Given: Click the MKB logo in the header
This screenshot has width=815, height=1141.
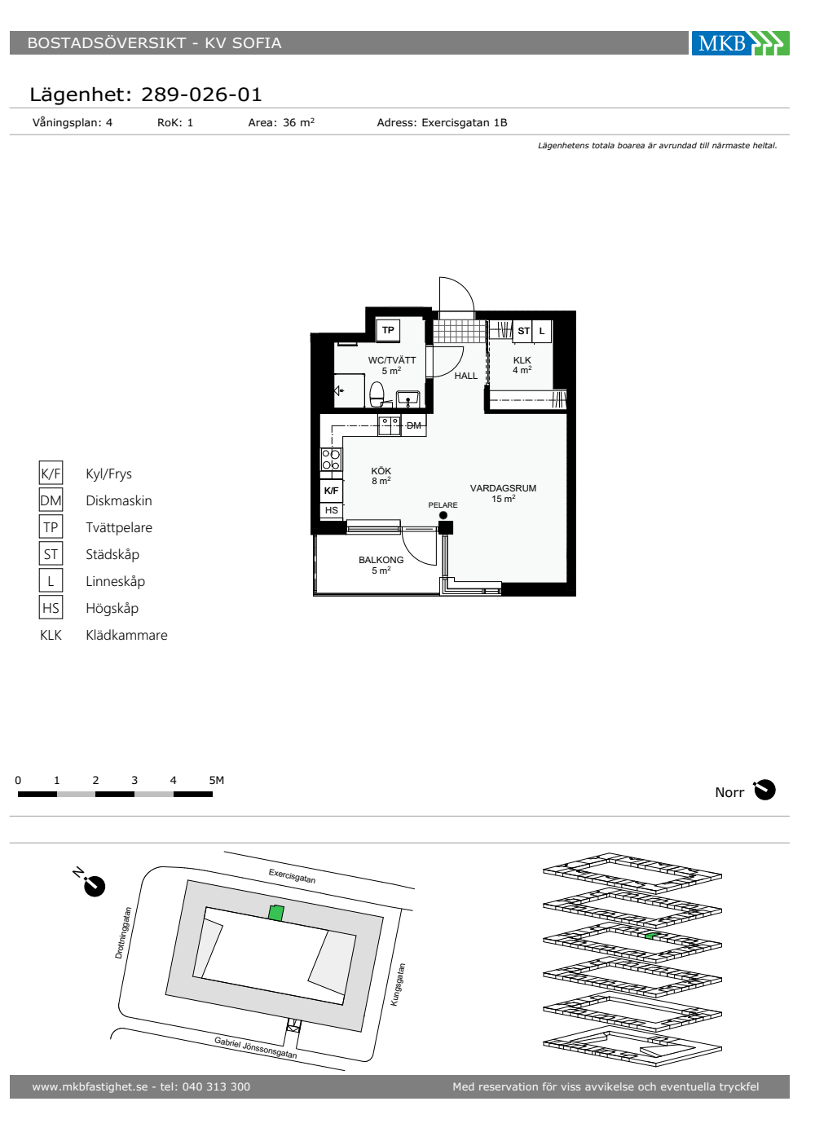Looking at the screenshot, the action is point(740,42).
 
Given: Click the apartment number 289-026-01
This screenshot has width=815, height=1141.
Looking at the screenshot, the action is point(201,95).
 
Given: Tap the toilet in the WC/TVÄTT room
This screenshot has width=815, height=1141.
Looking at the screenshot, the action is point(377,394).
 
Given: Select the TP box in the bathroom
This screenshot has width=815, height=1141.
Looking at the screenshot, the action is point(388,330).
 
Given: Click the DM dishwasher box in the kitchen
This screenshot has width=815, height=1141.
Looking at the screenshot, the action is point(414,425).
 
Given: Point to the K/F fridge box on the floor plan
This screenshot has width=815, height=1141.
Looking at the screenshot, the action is point(331,491).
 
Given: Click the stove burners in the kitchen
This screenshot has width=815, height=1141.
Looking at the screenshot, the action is point(331,459).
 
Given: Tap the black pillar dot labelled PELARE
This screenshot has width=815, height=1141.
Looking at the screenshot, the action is point(443,515).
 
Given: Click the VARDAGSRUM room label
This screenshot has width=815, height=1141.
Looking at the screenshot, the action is point(503,488).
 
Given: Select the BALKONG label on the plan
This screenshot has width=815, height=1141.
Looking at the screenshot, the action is point(381,560).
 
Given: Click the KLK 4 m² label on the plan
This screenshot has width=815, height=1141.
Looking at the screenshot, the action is point(522,365).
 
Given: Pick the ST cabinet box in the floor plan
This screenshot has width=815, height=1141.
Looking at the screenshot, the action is point(523,331).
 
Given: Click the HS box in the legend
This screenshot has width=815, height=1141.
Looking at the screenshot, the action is point(51,608).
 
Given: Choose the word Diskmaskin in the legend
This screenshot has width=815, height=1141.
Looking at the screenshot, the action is point(119,500).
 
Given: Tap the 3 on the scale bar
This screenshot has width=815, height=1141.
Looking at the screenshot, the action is point(134,780).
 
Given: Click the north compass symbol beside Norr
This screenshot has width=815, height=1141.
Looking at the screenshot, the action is point(764,790).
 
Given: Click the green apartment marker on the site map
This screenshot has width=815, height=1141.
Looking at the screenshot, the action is point(275,912).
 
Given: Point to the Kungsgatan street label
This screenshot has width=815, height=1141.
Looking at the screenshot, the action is point(398,985).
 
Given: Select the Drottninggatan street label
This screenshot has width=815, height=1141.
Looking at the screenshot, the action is point(123,932).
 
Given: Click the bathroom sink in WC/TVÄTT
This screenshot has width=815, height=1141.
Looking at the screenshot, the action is point(407,399).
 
